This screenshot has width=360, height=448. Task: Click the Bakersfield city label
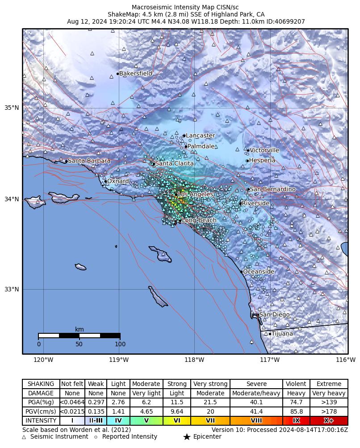(135, 74)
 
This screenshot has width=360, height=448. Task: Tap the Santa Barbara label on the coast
(89, 161)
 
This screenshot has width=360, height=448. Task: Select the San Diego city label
(274, 315)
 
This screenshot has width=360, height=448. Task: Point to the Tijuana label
(282, 333)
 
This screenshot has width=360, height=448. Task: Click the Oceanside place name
(258, 271)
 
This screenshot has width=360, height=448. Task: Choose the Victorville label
(264, 150)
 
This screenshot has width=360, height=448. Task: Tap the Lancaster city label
(200, 136)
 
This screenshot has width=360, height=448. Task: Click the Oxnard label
(118, 181)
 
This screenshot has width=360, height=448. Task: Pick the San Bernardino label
(272, 189)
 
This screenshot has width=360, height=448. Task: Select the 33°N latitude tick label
(12, 289)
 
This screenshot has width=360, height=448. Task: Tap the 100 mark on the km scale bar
(120, 344)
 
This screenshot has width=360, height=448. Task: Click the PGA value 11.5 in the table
(177, 402)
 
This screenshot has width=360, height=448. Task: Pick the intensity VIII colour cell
(256, 420)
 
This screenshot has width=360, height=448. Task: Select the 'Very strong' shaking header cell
(210, 384)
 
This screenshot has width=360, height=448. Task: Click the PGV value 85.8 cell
(296, 411)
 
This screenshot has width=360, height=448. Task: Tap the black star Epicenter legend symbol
(187, 437)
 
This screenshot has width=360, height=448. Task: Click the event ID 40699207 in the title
(289, 21)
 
